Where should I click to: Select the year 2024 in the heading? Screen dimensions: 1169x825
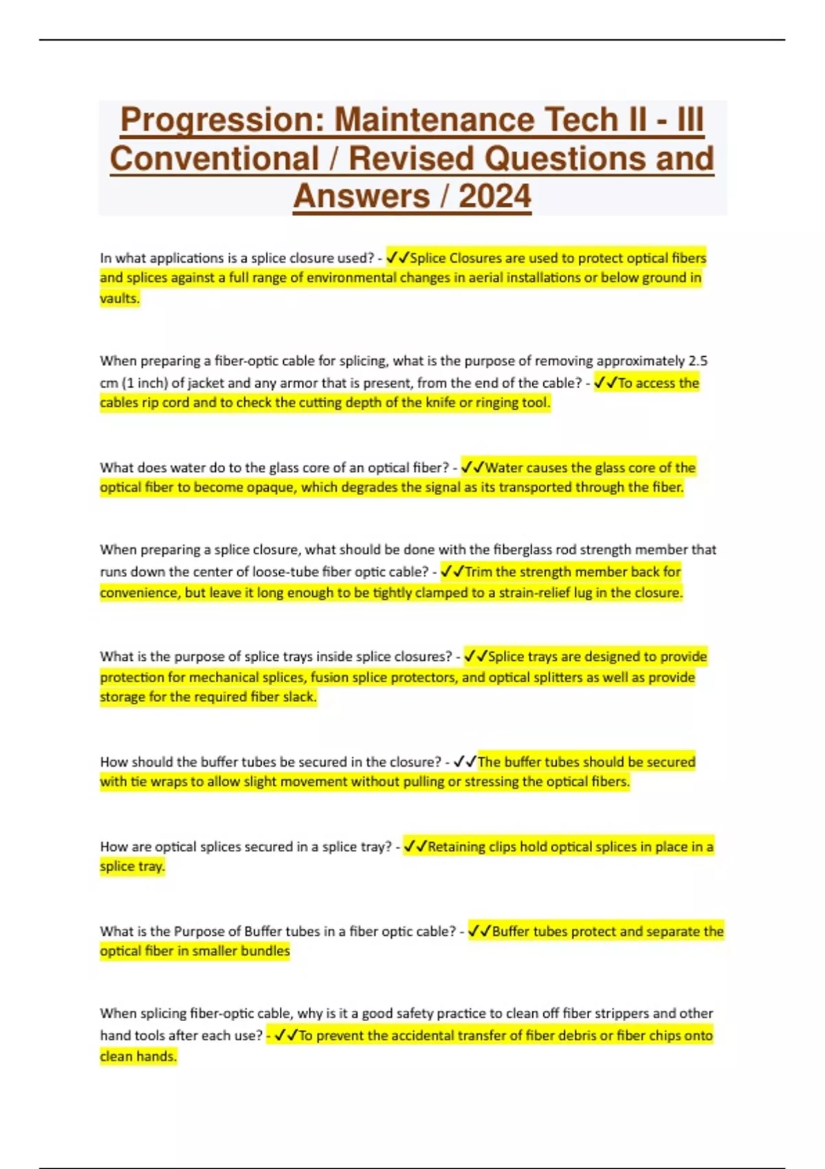pyautogui.click(x=495, y=196)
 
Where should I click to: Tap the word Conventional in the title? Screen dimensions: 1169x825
pyautogui.click(x=214, y=158)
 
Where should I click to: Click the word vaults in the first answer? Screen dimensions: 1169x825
pyautogui.click(x=119, y=298)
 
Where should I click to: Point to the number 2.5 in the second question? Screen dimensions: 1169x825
pyautogui.click(x=698, y=361)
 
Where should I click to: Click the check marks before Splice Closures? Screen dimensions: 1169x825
pyautogui.click(x=397, y=258)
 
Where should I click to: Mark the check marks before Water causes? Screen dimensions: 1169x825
pyautogui.click(x=473, y=468)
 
